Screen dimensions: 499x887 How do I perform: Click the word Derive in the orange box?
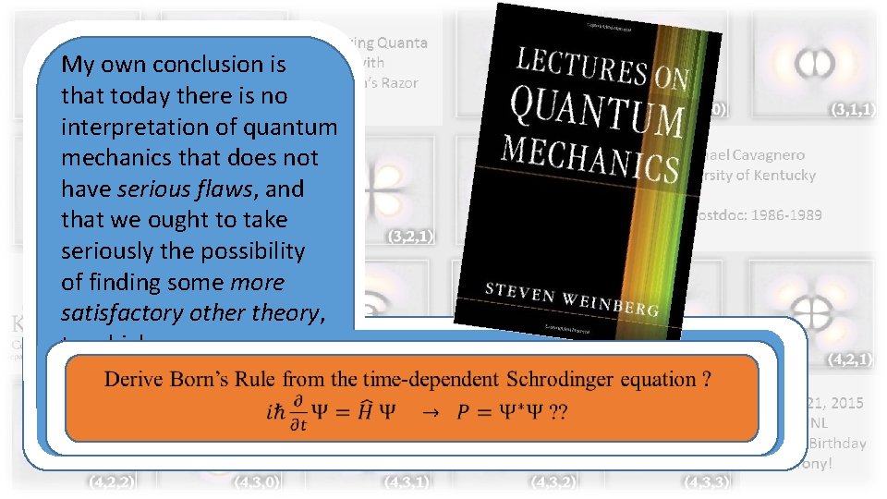click(135, 379)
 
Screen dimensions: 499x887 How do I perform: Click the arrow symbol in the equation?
click(426, 412)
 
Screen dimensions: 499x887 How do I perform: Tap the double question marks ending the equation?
click(557, 412)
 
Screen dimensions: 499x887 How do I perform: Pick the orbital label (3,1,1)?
click(852, 109)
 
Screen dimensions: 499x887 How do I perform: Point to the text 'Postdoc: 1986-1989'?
click(760, 214)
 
